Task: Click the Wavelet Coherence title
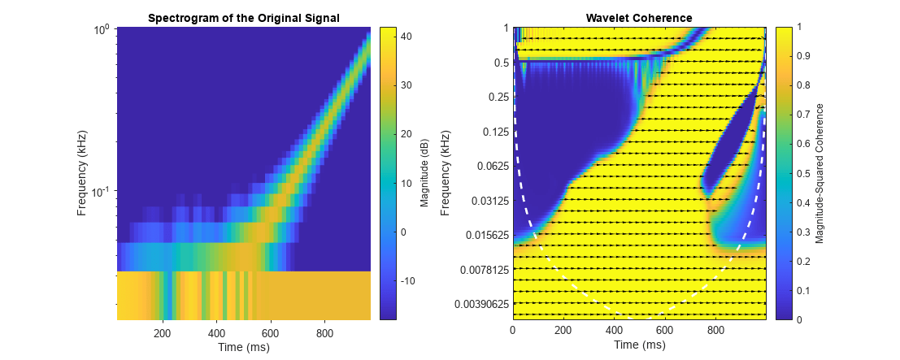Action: [x=639, y=18]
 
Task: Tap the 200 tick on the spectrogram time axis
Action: [x=163, y=332]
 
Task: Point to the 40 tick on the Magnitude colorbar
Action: [x=408, y=37]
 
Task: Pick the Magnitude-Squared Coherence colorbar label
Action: [x=820, y=173]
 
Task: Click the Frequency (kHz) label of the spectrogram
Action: [x=82, y=173]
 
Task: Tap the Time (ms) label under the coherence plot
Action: [x=639, y=345]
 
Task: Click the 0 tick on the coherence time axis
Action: [x=512, y=332]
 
